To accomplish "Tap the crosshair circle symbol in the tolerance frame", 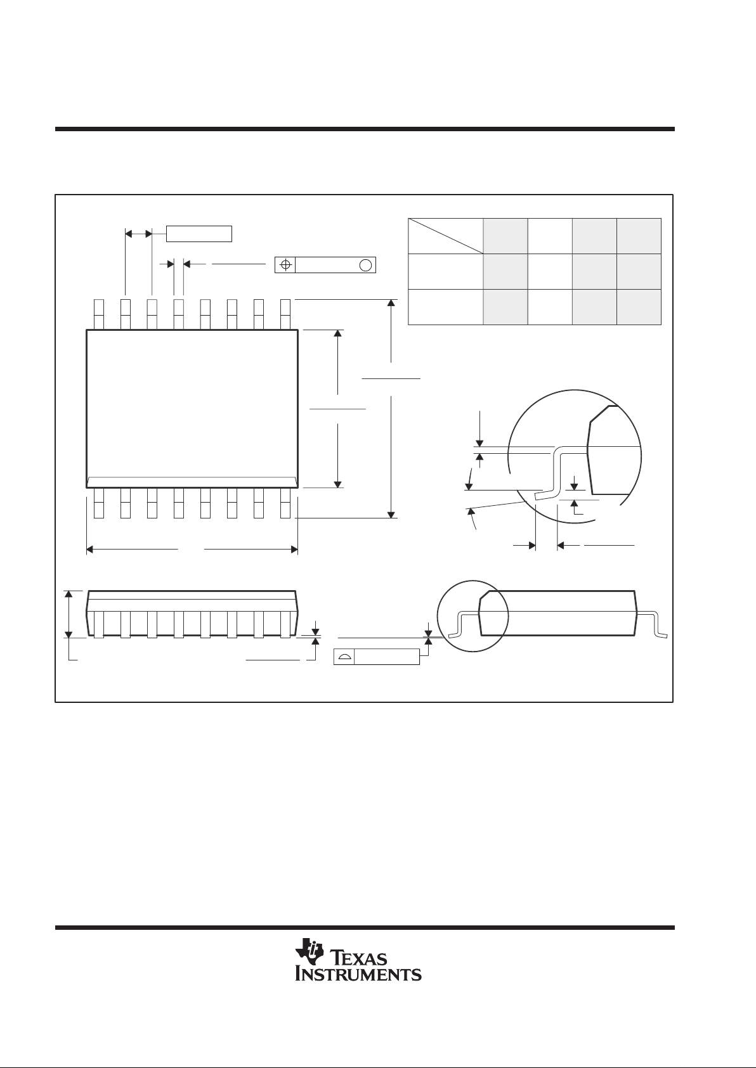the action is (x=285, y=264).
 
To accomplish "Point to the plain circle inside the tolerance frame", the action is (x=365, y=265).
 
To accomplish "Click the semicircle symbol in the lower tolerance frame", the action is (x=344, y=657).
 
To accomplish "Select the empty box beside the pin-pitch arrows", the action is (x=199, y=234).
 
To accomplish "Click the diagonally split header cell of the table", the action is (x=445, y=236).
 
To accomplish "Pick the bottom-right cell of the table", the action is (x=639, y=307).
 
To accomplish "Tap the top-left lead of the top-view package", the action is (x=99, y=314).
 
